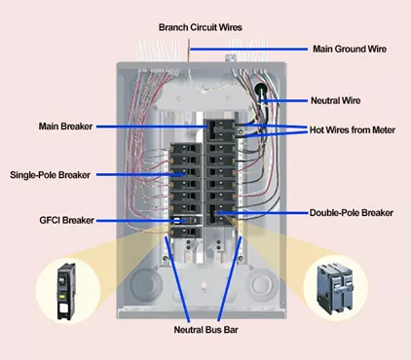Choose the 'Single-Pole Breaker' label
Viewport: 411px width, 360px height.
point(50,175)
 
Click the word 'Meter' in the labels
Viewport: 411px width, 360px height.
point(381,129)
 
